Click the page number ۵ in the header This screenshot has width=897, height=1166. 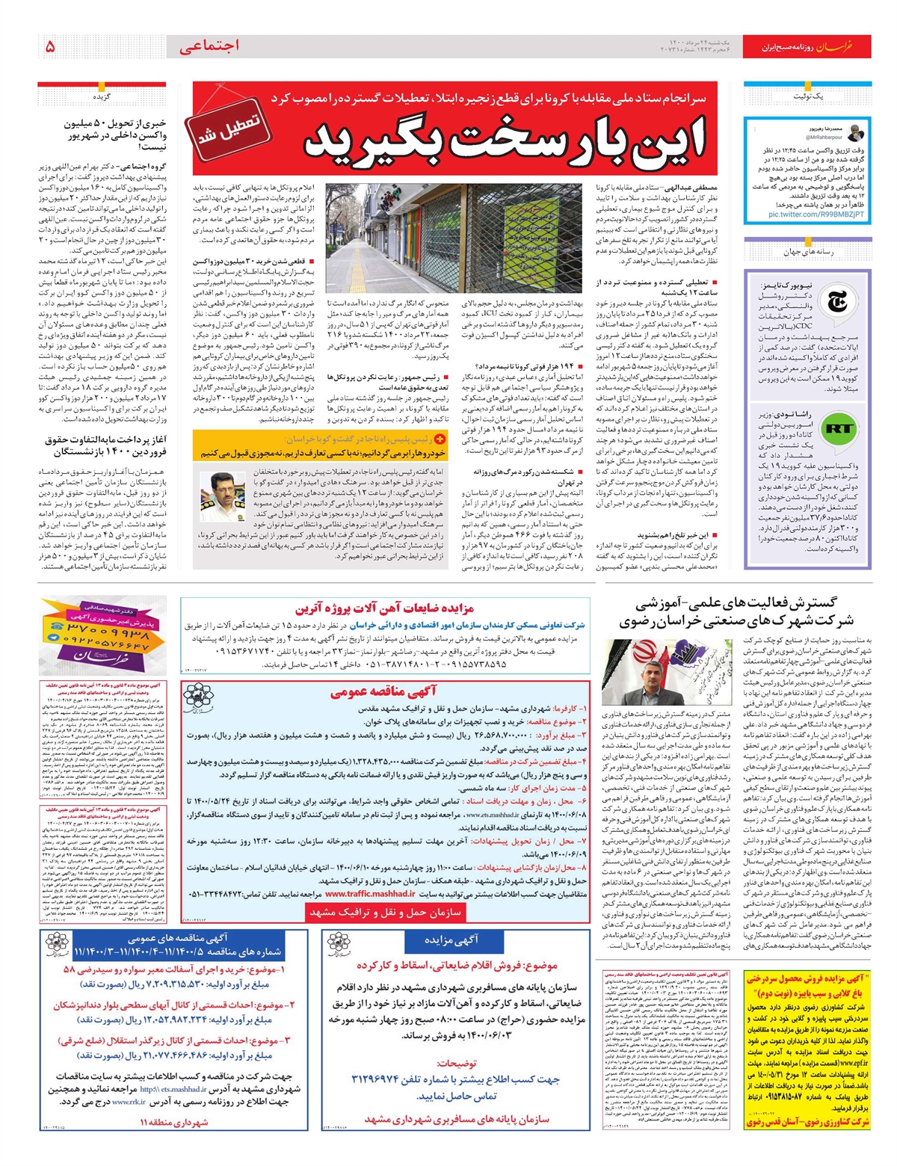[x=51, y=46]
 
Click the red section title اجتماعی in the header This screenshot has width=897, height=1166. [x=209, y=46]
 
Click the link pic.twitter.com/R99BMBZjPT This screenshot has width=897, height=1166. [x=816, y=214]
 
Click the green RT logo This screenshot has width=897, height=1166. [x=837, y=429]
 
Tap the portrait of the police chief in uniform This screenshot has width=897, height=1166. [x=228, y=497]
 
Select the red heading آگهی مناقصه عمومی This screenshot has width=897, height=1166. [x=383, y=691]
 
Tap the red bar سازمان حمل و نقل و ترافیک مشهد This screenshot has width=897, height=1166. [x=385, y=912]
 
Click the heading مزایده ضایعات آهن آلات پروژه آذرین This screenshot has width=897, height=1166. [x=384, y=608]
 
